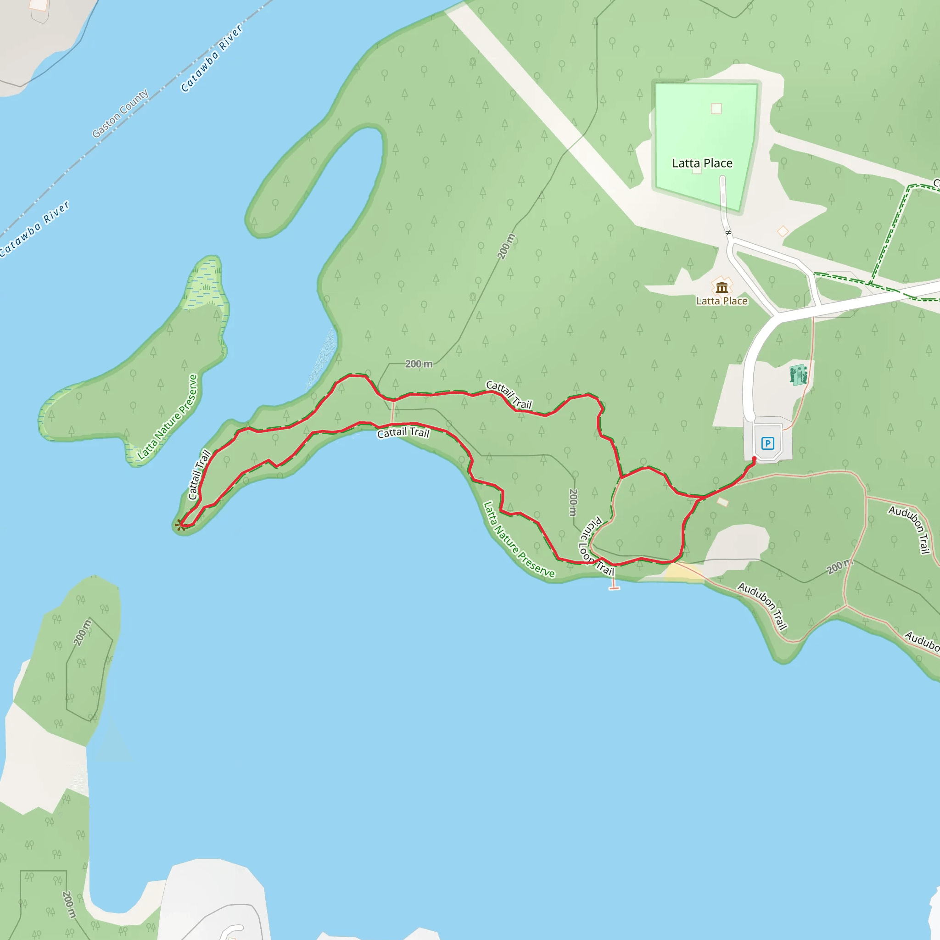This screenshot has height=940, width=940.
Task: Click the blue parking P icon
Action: click(768, 443)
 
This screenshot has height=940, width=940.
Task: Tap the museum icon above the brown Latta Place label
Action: click(722, 287)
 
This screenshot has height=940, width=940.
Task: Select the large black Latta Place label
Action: click(702, 163)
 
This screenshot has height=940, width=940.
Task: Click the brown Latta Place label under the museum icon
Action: click(722, 301)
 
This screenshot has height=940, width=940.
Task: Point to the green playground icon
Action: click(798, 375)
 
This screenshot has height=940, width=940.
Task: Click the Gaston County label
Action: click(120, 113)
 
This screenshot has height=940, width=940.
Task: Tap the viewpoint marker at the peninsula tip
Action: click(180, 525)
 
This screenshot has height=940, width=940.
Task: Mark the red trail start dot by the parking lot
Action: click(754, 459)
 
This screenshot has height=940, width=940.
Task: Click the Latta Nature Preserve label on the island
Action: click(168, 417)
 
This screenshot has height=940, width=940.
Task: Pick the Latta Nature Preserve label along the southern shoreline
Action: click(519, 540)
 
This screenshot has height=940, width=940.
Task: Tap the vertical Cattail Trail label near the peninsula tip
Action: click(200, 475)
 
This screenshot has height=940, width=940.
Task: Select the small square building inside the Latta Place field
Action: click(716, 108)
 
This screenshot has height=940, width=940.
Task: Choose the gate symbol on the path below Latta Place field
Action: click(728, 233)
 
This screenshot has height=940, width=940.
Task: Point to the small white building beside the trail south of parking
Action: click(722, 502)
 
